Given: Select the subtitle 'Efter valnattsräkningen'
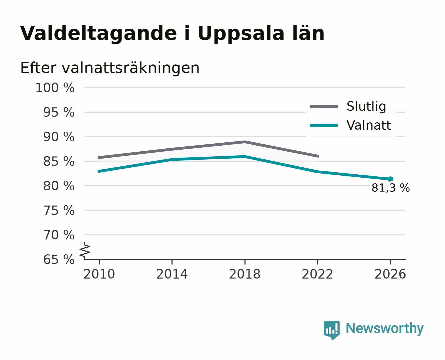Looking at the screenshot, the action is coord(110,68).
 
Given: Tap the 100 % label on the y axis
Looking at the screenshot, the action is coord(55,88).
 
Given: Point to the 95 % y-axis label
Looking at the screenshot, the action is coord(59,112).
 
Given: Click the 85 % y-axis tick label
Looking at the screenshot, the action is coord(59,161).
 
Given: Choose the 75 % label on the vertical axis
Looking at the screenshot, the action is coord(59,210).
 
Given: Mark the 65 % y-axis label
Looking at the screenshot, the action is coord(59,260).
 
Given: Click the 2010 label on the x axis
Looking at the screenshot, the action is coord(99,274).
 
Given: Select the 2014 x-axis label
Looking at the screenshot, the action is coord(172,274).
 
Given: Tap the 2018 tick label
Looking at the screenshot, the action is coord(245,274).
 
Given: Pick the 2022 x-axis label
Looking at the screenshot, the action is coord(317,274).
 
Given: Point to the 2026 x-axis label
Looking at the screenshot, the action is coord(390,274).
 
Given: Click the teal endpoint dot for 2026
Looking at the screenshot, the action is coord(390,179).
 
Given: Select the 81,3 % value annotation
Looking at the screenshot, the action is coord(390,188).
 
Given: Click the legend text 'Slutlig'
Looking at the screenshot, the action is coord(366,106).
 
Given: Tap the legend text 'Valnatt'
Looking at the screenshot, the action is coord(369,125).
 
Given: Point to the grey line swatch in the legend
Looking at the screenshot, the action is coord(324,106).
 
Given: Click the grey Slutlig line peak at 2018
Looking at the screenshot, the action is coord(244,142).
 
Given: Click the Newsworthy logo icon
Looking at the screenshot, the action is coord(331,330).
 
